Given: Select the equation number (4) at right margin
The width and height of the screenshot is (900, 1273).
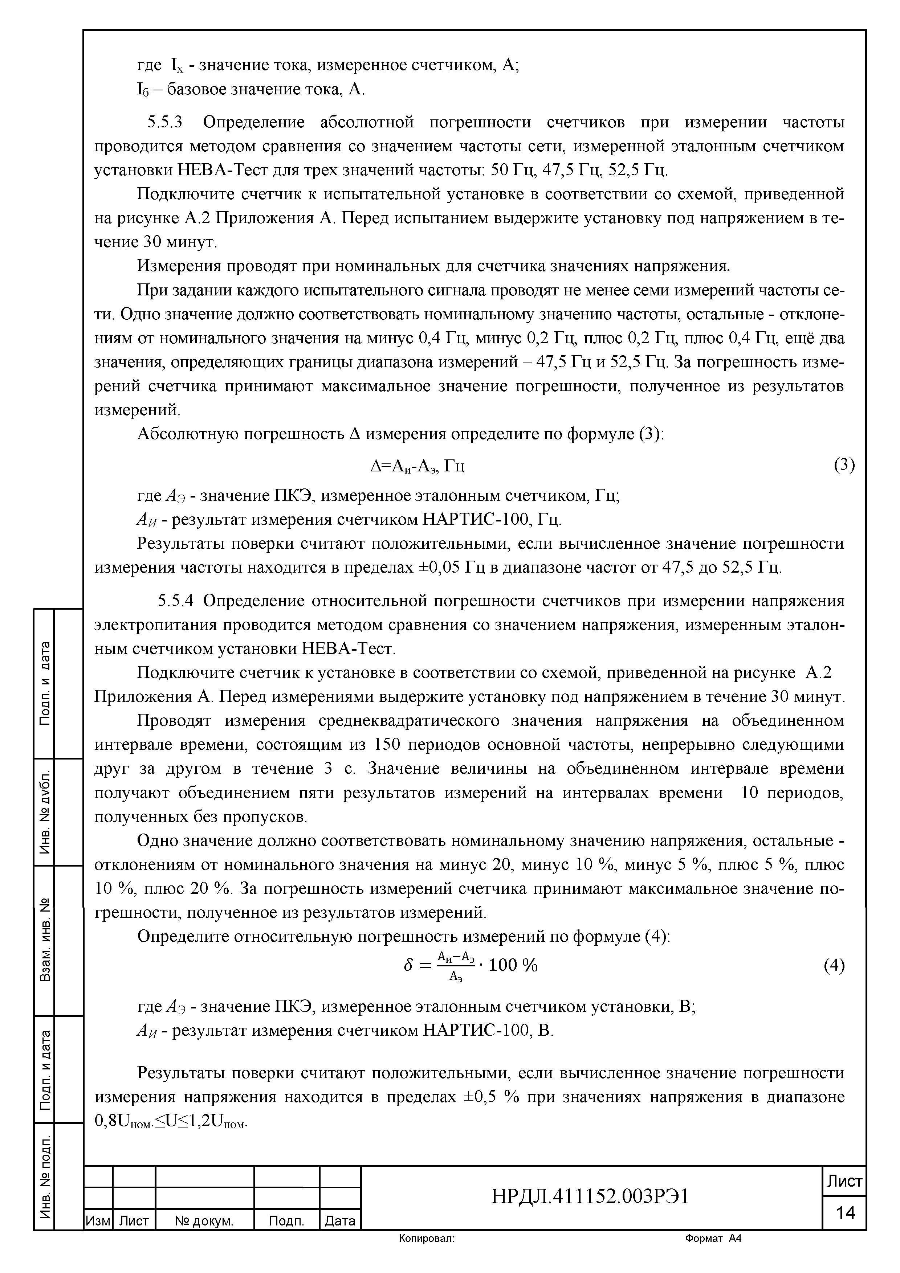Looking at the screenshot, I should (834, 966).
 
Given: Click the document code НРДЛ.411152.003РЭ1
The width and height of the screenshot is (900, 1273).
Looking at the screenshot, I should (590, 1196).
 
